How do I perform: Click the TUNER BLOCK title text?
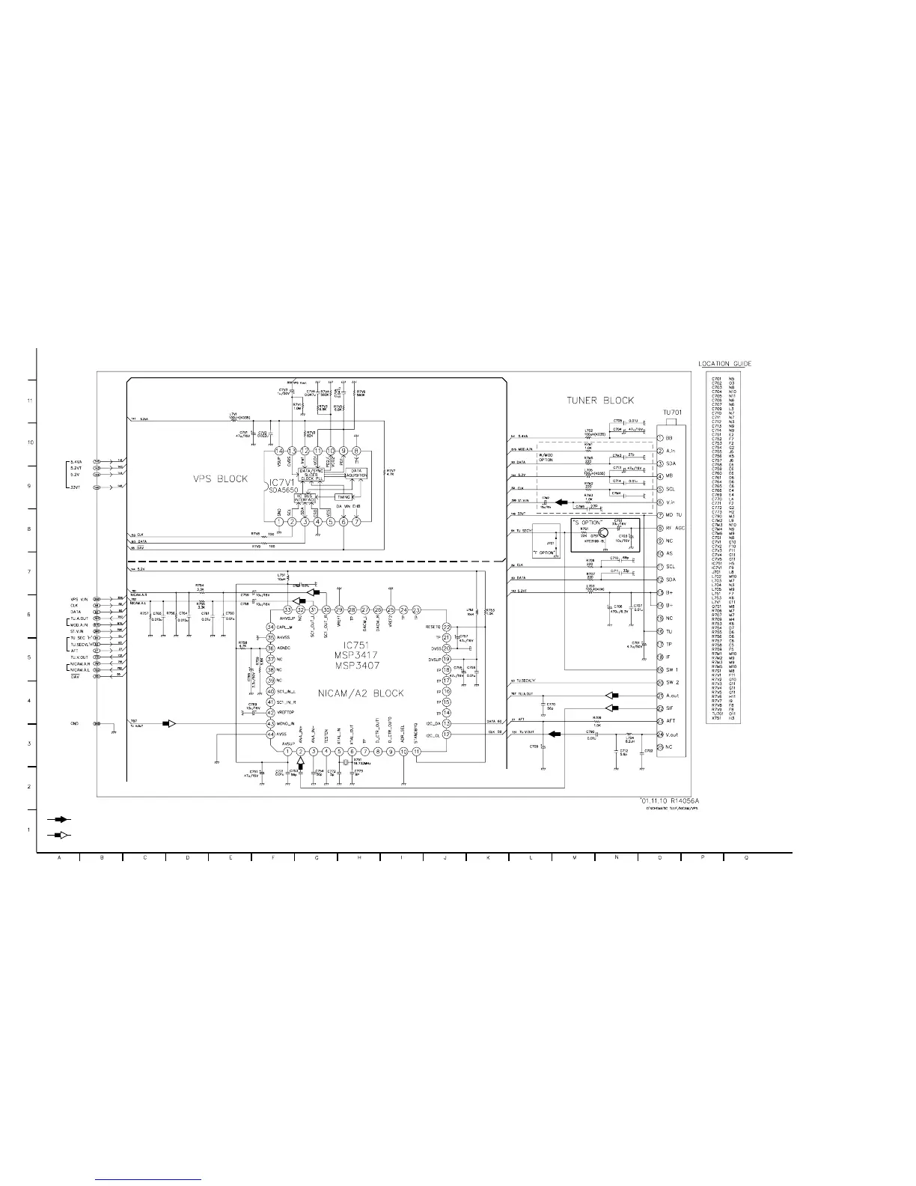click(600, 401)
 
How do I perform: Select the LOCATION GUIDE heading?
click(724, 364)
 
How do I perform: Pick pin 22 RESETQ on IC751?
click(446, 627)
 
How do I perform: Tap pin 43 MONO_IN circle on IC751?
click(271, 724)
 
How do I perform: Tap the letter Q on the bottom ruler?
click(746, 858)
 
